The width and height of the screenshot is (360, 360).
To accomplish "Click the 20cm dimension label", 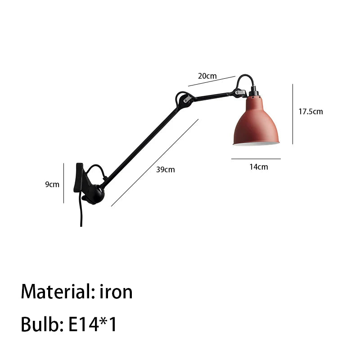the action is point(207,76).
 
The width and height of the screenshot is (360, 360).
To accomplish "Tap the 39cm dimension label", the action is point(165,170).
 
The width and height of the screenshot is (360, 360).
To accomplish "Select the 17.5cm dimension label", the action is point(310,112).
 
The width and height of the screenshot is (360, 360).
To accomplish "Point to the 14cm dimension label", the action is point(259,167).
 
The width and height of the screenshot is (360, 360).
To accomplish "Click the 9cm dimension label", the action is point(52,184).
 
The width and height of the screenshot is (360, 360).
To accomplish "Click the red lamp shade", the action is point(256,121).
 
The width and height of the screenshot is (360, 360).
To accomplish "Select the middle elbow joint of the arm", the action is point(184,100).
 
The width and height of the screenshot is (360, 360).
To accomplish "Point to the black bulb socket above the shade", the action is point(254,92).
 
